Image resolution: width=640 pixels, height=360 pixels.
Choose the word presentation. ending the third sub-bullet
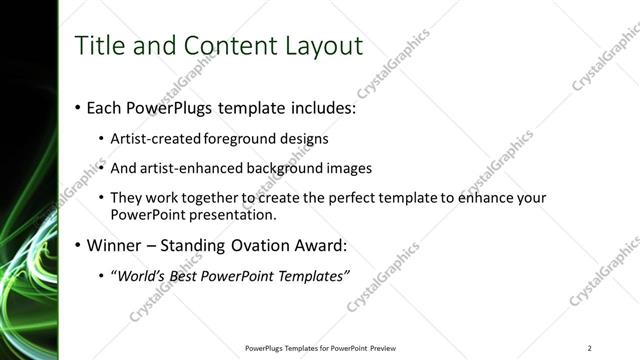point(239,214)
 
